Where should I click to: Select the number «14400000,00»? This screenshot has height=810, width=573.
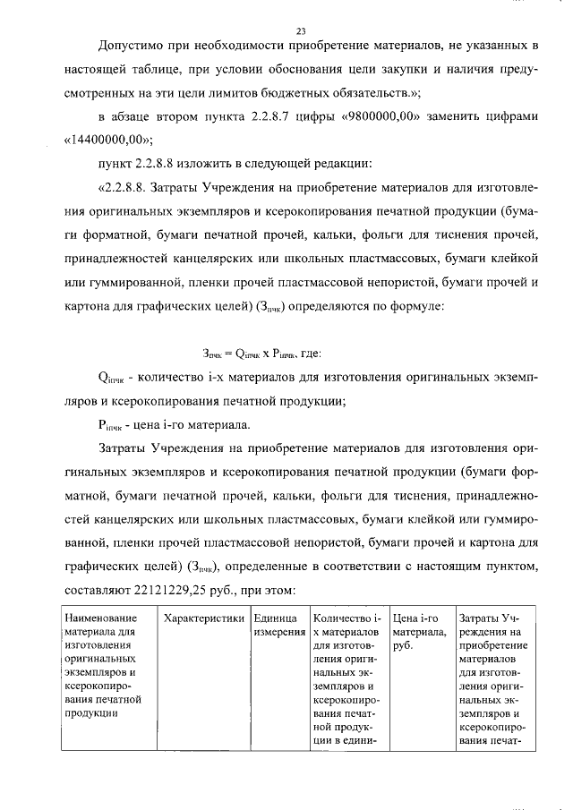tap(108, 140)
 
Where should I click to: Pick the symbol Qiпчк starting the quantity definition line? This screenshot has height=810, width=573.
tap(115, 379)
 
